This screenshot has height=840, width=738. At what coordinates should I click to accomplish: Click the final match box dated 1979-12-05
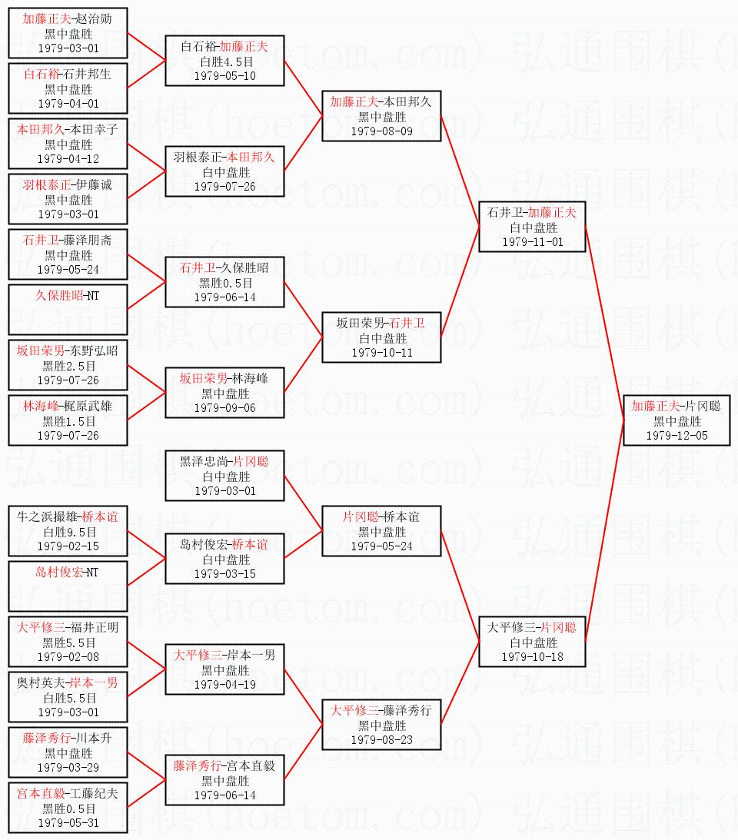(x=676, y=420)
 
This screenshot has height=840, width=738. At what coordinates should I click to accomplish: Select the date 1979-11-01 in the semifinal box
(x=533, y=242)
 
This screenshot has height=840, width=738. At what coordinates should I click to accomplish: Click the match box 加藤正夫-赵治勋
(x=68, y=33)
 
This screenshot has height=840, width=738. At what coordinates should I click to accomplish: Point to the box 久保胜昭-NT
(x=68, y=310)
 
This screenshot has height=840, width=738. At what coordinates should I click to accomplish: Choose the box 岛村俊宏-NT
(x=68, y=586)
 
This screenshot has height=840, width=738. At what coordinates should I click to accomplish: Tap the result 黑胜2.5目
(x=69, y=366)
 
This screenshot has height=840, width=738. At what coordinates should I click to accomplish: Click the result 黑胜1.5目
(x=69, y=422)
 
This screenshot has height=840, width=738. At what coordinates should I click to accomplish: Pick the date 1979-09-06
(x=225, y=408)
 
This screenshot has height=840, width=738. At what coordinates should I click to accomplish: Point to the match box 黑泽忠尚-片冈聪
(x=224, y=476)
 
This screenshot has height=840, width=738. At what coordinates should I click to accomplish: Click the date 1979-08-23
(x=381, y=740)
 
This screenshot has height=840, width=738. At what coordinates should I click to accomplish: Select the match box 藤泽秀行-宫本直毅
(x=224, y=780)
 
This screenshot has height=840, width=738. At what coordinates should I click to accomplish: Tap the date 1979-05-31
(x=68, y=823)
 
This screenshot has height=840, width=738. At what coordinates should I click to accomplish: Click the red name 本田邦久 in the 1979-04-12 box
(x=41, y=130)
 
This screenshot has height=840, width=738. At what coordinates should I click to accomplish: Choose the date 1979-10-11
(x=382, y=353)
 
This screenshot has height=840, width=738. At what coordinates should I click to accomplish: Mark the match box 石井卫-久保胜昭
(x=224, y=282)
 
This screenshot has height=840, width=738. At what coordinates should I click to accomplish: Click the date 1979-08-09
(x=381, y=131)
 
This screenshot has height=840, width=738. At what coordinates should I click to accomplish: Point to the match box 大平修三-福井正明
(x=68, y=642)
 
